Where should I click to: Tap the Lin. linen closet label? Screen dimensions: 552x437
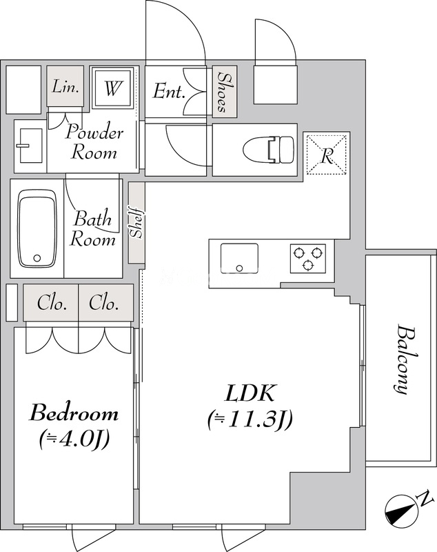pyautogui.click(x=66, y=88)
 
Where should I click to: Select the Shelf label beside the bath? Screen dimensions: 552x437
pyautogui.click(x=136, y=222)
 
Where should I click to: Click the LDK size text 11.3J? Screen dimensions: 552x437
pyautogui.click(x=250, y=419)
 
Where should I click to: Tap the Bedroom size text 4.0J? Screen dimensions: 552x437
pyautogui.click(x=72, y=438)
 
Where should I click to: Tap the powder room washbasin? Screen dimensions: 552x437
pyautogui.click(x=29, y=145)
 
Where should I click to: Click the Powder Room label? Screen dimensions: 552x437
pyautogui.click(x=94, y=141)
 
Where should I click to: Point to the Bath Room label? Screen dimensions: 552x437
pyautogui.click(x=94, y=230)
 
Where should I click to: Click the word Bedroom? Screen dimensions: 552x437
pyautogui.click(x=73, y=414)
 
